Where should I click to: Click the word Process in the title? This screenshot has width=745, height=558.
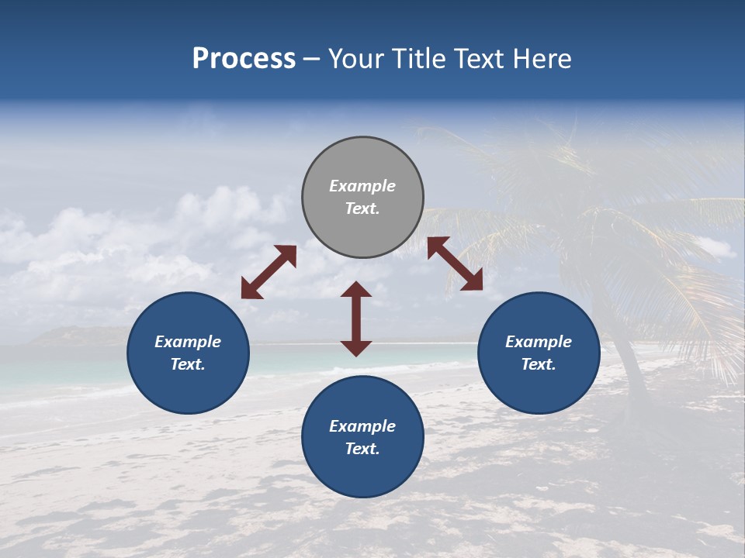[x=244, y=59]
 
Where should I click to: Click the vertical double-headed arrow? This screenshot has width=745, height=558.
[x=356, y=319]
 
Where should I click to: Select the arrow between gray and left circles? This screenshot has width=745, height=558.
[x=269, y=272]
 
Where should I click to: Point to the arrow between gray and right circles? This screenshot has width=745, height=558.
[x=455, y=263]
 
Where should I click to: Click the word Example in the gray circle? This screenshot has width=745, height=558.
[x=362, y=186]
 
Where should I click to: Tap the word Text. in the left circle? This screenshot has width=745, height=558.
[x=188, y=364]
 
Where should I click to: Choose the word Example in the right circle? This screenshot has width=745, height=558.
[x=539, y=342]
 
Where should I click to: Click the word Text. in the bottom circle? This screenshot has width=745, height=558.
[x=362, y=449]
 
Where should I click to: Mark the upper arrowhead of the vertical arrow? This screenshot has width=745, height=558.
[x=356, y=290]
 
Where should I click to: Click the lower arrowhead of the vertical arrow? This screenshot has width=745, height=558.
[x=356, y=348]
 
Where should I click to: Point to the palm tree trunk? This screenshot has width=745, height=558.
[x=621, y=341]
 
